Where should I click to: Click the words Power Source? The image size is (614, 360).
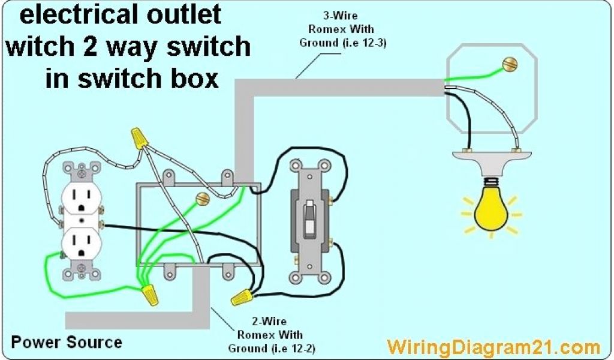pyautogui.click(x=67, y=343)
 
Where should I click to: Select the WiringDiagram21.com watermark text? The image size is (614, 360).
pyautogui.click(x=493, y=346)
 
